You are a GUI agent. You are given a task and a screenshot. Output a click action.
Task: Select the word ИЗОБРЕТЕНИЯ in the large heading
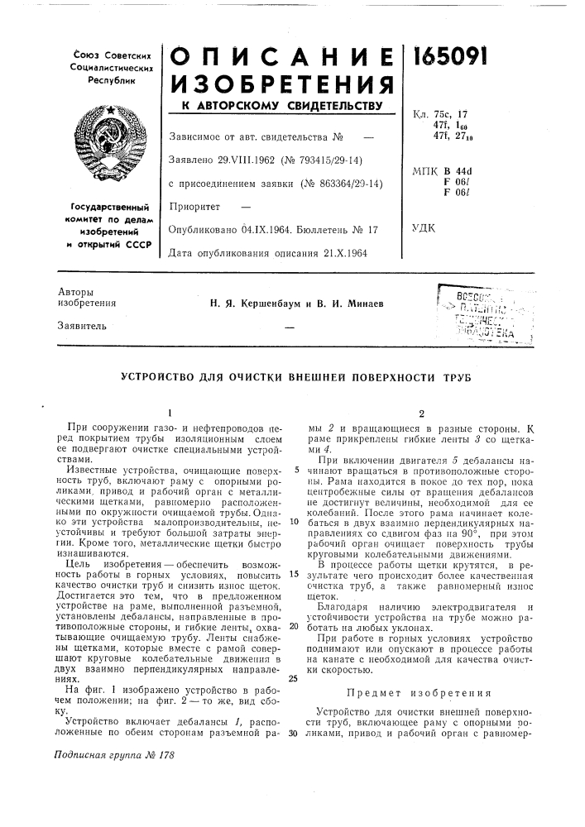tap(281, 84)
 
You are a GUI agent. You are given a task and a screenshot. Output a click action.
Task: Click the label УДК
tap(424, 225)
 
